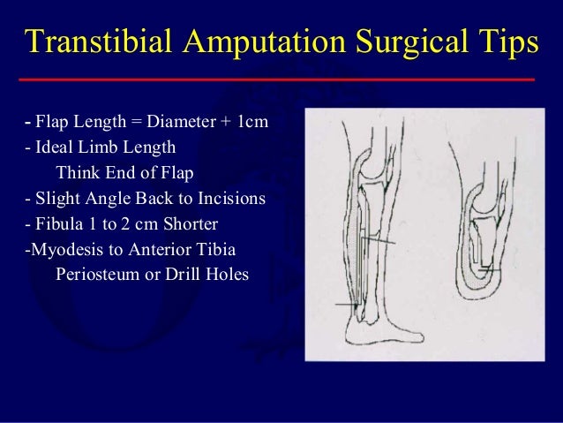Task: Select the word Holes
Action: coord(228,275)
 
